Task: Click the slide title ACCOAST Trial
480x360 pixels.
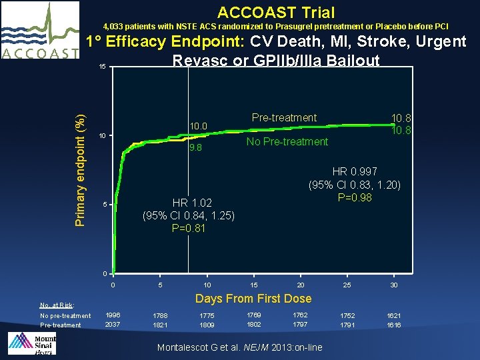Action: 276,12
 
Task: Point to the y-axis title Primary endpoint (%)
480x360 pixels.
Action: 79,162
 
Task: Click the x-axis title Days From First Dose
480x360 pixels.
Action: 253,298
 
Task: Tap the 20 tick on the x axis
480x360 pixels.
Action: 301,285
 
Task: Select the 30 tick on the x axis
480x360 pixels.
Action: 394,285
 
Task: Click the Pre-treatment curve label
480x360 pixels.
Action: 284,118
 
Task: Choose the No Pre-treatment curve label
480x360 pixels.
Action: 287,141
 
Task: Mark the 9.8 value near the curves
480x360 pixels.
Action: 196,148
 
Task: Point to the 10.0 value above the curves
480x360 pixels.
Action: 199,126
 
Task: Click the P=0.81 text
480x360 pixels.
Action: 189,228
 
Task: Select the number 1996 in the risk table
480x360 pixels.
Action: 113,315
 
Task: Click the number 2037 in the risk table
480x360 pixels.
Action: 113,325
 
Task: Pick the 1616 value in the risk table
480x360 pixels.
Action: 394,325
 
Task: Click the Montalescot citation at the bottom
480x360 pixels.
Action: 239,347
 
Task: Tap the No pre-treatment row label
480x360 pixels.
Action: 65,316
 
